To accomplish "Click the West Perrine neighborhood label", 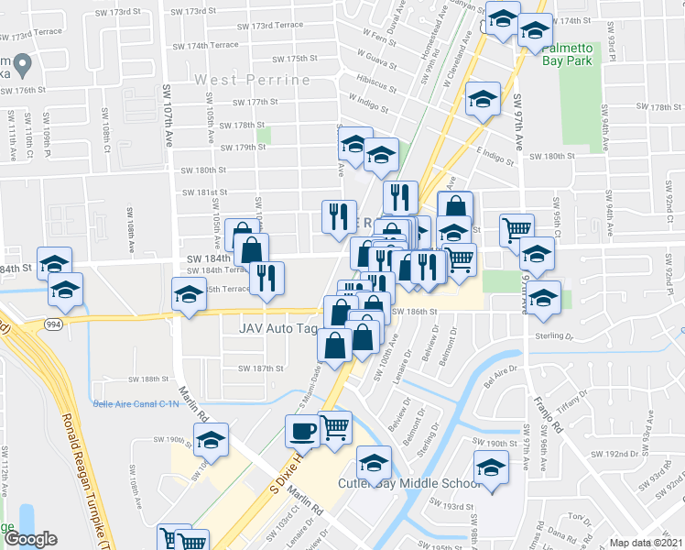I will tap(252, 81).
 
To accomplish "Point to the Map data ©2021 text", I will tap(647, 543).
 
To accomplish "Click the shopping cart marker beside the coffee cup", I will tap(335, 425).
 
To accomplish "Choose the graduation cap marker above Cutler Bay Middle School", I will tap(374, 460).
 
